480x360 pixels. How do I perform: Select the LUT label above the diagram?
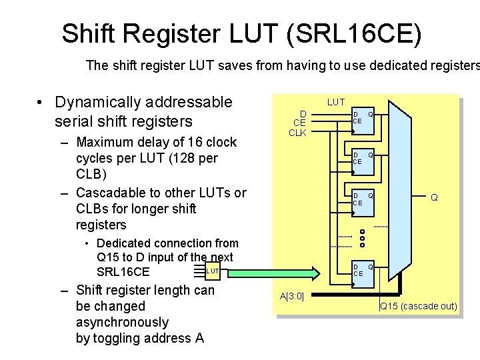[336, 102]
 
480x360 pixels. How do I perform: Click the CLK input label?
[297, 133]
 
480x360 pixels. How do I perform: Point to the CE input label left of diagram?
[299, 123]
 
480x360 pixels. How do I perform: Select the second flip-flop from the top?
[363, 158]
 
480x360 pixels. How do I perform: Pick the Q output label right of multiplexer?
[434, 197]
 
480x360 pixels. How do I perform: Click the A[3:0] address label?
[291, 296]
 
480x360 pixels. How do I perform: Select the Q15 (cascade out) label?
[418, 306]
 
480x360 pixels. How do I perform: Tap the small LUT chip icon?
[212, 271]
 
